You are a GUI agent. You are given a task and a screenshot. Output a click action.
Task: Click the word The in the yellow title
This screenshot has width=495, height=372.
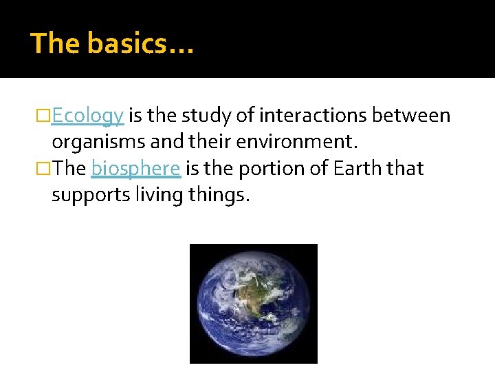pos(56,43)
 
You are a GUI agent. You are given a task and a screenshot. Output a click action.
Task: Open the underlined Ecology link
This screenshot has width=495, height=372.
pos(87,116)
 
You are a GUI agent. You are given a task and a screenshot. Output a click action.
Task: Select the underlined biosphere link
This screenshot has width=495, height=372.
pos(135,169)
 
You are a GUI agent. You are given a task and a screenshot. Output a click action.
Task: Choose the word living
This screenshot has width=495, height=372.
pos(159,196)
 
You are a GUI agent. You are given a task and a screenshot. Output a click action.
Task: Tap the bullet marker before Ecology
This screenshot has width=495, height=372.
pos(45,116)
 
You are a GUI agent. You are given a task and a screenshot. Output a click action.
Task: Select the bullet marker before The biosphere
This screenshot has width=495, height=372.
pos(45,169)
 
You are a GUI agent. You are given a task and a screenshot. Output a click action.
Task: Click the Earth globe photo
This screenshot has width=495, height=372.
pos(253,303)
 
